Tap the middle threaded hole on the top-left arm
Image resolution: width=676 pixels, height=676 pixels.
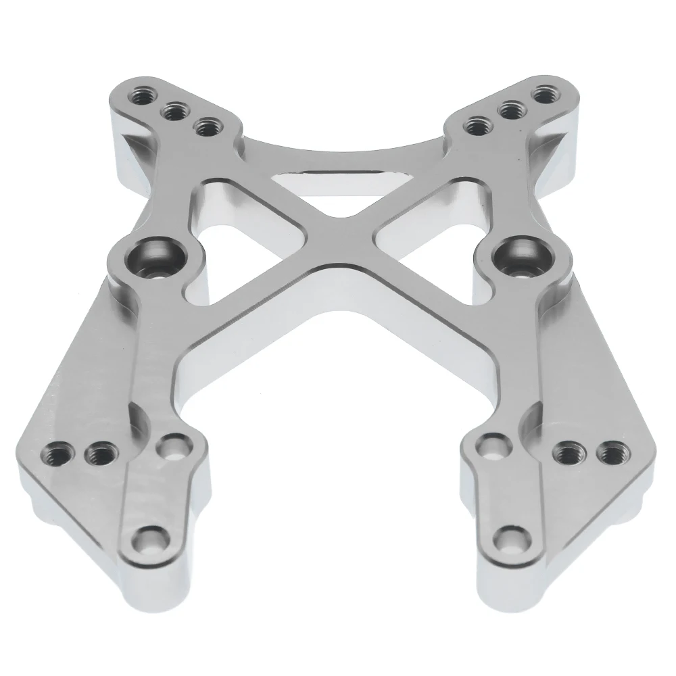pos(175,110)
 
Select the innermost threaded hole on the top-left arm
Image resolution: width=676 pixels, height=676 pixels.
pos(204,126)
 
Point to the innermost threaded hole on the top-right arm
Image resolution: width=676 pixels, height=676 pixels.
pos(477,124)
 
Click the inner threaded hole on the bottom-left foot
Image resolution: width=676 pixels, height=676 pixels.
pos(99,452)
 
